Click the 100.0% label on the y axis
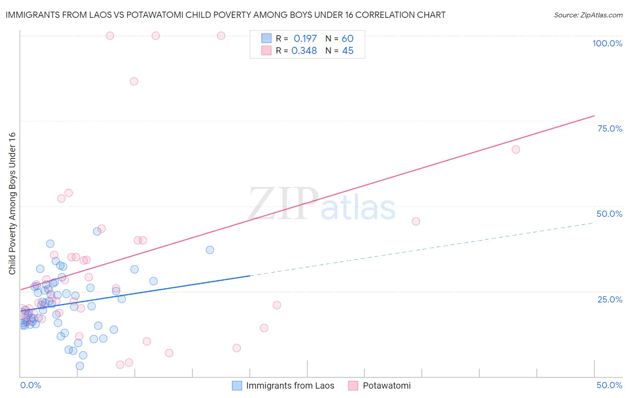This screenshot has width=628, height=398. tap(607, 43)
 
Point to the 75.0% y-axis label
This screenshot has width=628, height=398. tap(610, 129)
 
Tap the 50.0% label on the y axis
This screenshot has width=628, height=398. tap(609, 214)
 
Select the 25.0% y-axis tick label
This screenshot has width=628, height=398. tap(610, 299)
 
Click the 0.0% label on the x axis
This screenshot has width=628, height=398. tap(30, 385)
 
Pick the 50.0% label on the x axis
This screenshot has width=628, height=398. tap(609, 385)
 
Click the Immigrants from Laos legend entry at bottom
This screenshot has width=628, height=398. tap(290, 386)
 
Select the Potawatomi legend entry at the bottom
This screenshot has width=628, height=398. tap(386, 386)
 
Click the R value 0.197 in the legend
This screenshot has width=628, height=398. tap(305, 39)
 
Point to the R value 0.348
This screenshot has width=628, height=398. tap(304, 51)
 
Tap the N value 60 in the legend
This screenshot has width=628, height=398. tap(347, 39)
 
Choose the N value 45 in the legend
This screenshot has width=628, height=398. tap(347, 51)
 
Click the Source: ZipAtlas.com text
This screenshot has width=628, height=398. tap(588, 15)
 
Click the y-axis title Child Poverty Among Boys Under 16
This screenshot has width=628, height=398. tap(13, 203)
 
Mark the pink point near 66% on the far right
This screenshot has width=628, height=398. tap(516, 149)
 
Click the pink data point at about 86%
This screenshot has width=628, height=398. tap(134, 81)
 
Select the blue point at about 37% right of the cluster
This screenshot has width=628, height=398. tap(210, 250)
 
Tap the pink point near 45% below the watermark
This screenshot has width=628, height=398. tap(416, 221)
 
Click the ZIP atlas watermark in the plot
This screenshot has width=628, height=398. tap(322, 204)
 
